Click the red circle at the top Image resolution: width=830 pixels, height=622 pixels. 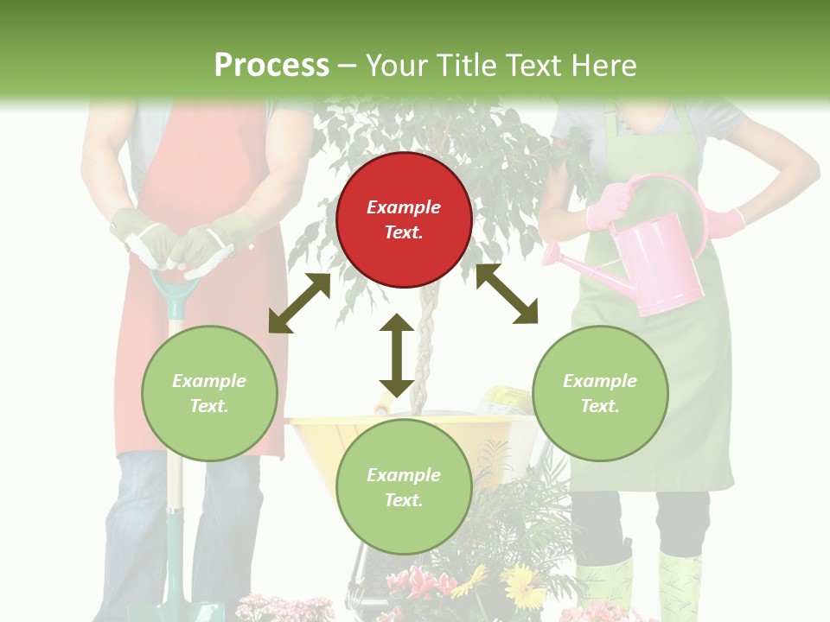(x=404, y=219)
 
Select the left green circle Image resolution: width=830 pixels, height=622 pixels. (x=209, y=393)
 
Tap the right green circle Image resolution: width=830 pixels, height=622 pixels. (x=600, y=393)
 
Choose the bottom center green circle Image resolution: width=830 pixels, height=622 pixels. (x=404, y=487)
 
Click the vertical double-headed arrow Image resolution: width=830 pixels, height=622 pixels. (x=396, y=355)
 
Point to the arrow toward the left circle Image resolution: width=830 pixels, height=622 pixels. (x=299, y=302)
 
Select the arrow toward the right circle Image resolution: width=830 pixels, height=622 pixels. (x=507, y=294)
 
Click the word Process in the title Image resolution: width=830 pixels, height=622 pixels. (x=271, y=66)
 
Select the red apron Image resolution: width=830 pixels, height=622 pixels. (x=207, y=173)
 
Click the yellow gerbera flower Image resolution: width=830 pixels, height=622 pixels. (x=523, y=584)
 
